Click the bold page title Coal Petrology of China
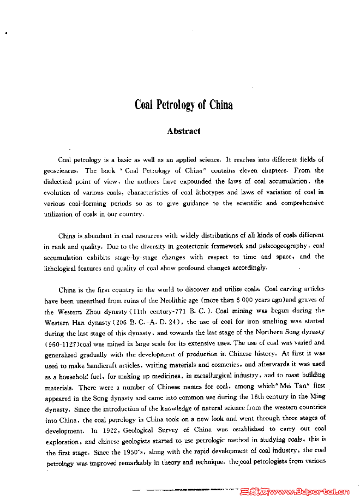pos(184,104)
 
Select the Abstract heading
pos(184,131)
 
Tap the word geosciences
pos(62,170)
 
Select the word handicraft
pos(94,364)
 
